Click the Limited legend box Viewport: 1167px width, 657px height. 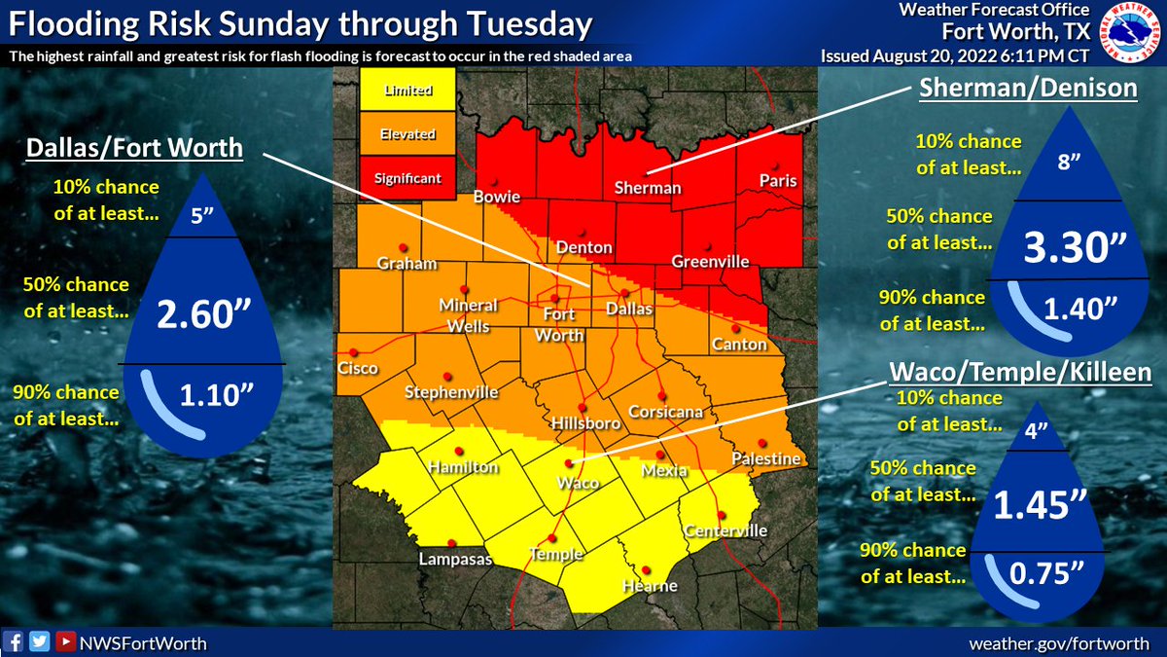coord(408,91)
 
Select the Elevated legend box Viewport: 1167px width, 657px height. coord(408,134)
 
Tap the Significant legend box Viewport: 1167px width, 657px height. coord(408,178)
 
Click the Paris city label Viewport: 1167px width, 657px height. coord(778,181)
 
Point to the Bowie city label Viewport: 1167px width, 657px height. coord(496,198)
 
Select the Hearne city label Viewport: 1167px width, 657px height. coord(650,586)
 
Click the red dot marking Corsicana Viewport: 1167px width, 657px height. coord(661,395)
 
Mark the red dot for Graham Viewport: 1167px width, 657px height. coord(402,247)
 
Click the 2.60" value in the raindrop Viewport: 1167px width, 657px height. coord(205,314)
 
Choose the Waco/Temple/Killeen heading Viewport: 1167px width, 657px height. coord(1021,373)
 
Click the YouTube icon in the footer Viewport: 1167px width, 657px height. coord(64,641)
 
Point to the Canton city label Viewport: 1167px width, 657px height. coord(739,345)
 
